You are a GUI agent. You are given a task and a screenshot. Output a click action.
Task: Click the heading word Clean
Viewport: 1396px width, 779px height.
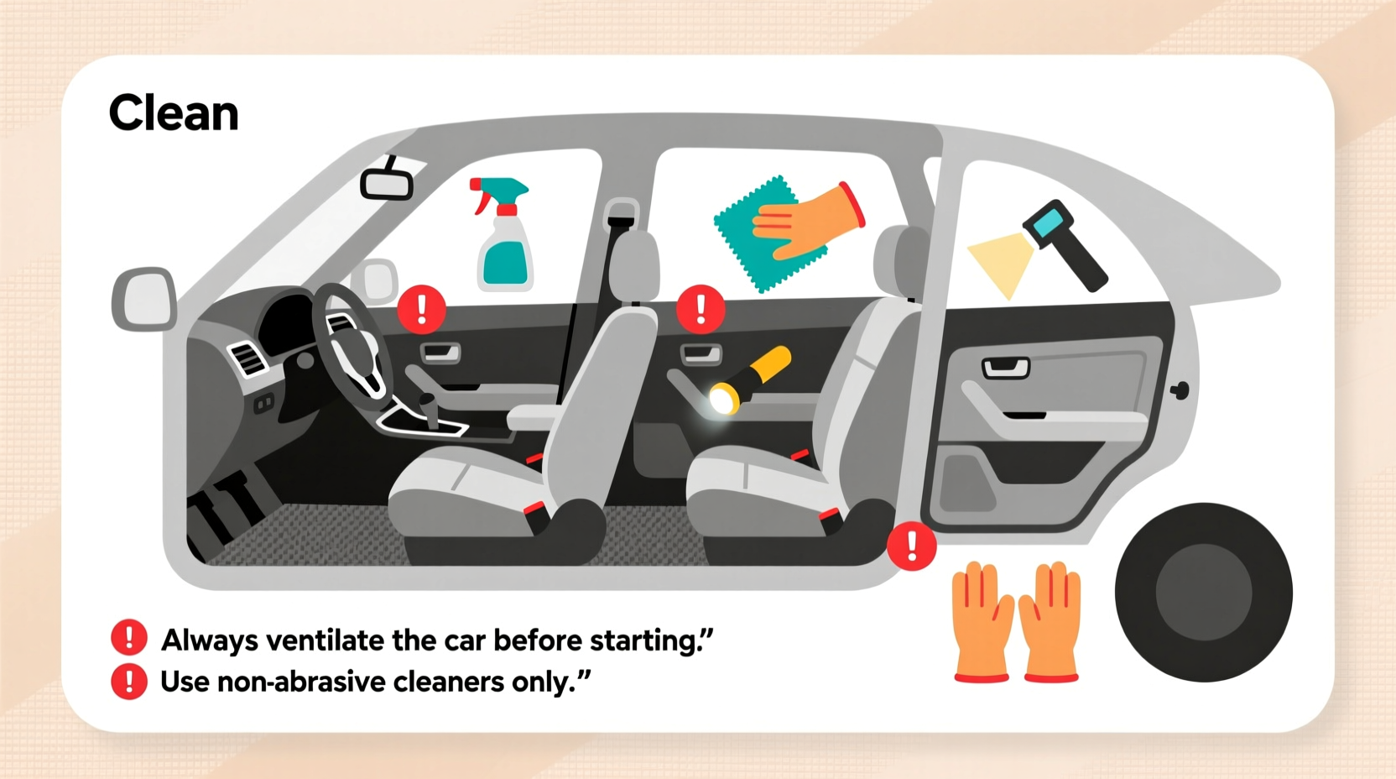pyautogui.click(x=174, y=113)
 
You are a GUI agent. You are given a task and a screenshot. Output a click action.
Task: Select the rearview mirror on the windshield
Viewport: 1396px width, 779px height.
pyautogui.click(x=387, y=183)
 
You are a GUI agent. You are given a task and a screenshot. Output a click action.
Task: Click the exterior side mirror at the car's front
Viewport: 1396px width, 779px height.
pyautogui.click(x=143, y=299)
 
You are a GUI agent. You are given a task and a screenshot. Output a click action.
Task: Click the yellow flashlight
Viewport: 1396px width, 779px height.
pyautogui.click(x=751, y=379)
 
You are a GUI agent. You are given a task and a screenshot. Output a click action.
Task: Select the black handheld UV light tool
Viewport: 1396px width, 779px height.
pyautogui.click(x=1065, y=243)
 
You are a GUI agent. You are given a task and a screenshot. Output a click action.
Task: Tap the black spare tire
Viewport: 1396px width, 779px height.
pyautogui.click(x=1203, y=592)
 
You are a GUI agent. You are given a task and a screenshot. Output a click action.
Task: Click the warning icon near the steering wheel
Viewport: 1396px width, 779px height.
pyautogui.click(x=421, y=309)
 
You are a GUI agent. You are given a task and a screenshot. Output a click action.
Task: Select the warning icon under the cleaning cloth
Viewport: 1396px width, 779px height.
pyautogui.click(x=701, y=309)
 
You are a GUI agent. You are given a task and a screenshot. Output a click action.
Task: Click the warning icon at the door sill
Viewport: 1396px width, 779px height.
pyautogui.click(x=912, y=546)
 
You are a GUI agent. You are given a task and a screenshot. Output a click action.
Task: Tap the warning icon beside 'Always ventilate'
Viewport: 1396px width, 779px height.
pyautogui.click(x=129, y=638)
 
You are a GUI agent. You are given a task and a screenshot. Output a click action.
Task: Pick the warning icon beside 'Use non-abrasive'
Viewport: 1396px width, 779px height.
pyautogui.click(x=129, y=681)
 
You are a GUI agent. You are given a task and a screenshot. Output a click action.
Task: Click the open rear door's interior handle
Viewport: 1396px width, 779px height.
pyautogui.click(x=1005, y=367)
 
